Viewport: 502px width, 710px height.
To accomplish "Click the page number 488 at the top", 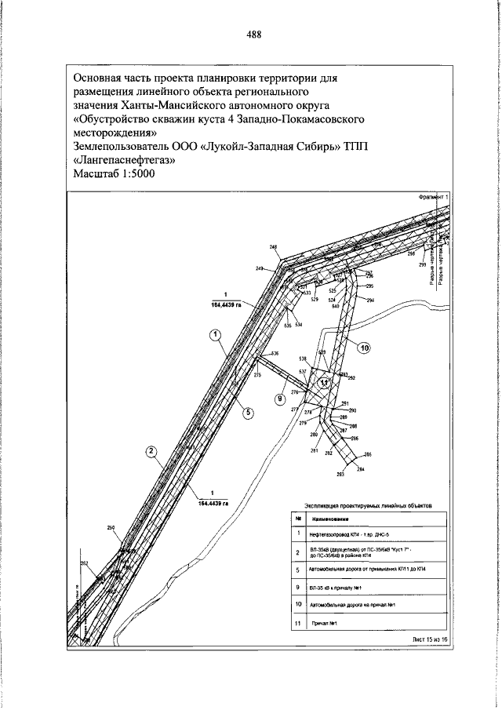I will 253,34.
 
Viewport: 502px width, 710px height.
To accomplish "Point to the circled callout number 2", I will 151,451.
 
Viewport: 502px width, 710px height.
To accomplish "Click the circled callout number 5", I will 246,411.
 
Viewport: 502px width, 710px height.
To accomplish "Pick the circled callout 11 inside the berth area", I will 325,384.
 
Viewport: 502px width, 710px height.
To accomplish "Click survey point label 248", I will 273,248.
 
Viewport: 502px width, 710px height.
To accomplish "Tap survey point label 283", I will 340,475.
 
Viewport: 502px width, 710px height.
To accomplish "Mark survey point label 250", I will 111,527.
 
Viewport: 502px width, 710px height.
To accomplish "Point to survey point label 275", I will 257,376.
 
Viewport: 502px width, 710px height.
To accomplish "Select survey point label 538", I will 301,359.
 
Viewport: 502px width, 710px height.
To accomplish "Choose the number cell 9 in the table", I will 299,587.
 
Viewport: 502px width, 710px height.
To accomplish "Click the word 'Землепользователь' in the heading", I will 125,146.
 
